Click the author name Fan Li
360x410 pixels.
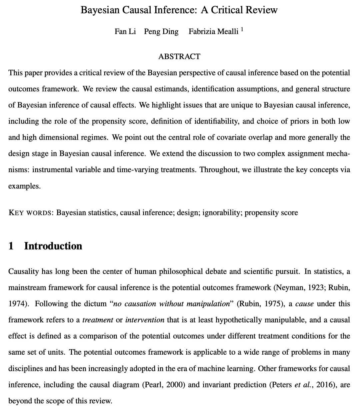coord(125,31)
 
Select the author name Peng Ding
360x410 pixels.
coord(161,31)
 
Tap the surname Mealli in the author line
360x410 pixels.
coord(227,31)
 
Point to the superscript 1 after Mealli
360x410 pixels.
coord(242,29)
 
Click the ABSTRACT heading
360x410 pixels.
coord(179,56)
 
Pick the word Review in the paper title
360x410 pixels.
coord(262,10)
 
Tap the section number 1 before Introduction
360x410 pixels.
coord(11,246)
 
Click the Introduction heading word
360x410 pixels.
coord(53,246)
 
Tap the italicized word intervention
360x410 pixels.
coord(145,320)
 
